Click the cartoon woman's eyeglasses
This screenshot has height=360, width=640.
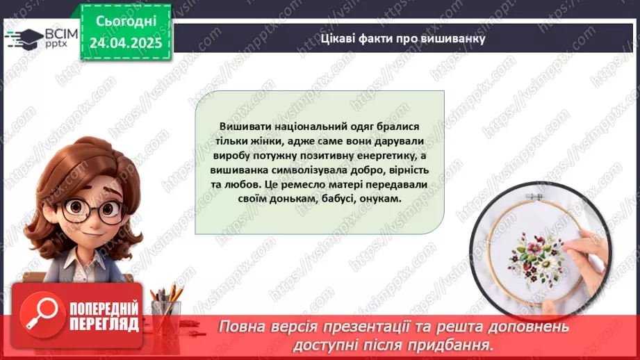(x=88, y=209)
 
